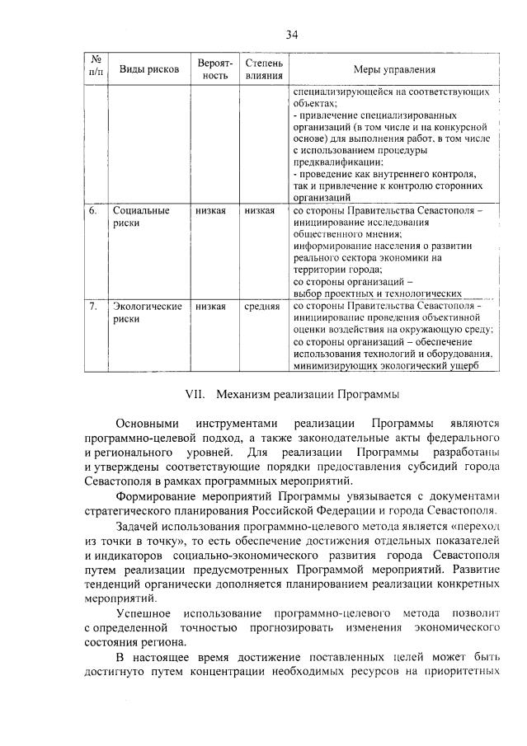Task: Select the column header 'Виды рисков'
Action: pos(144,69)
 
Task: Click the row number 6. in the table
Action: pos(92,211)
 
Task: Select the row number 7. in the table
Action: pos(92,307)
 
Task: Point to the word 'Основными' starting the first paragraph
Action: pos(148,421)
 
